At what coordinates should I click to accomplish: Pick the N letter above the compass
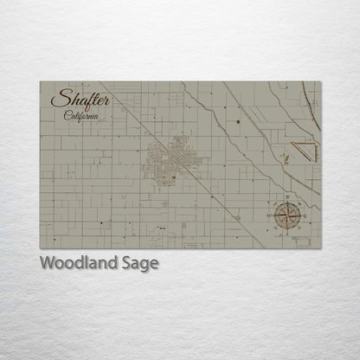(288, 196)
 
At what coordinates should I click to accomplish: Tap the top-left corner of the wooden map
(40, 82)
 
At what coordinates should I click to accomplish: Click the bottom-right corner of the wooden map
(320, 247)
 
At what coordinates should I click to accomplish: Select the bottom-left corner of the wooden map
(40, 247)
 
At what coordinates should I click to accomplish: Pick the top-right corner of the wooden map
(320, 82)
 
